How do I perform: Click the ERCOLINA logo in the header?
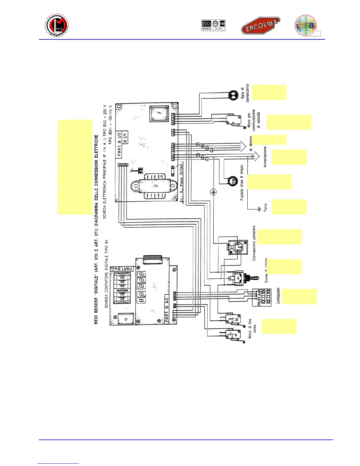[260, 26]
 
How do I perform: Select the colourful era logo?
[307, 26]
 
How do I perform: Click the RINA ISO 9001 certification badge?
[214, 25]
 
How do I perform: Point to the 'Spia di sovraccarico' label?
[245, 93]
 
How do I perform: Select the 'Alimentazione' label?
[265, 157]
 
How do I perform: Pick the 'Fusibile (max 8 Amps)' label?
[242, 182]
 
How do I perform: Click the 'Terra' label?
[266, 207]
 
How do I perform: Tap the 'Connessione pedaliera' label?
[254, 243]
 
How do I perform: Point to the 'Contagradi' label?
[278, 296]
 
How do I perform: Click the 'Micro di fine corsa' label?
[252, 329]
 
